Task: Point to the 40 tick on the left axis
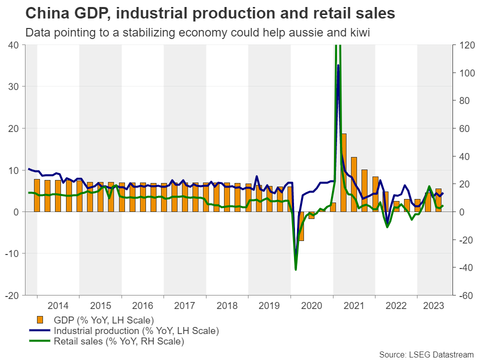[x=13, y=45]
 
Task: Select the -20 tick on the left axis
[x=12, y=295]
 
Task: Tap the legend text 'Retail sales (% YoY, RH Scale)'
[x=118, y=342]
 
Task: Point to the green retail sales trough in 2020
[x=295, y=269]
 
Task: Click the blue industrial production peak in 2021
[x=338, y=65]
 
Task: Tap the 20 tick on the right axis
[x=461, y=184]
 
